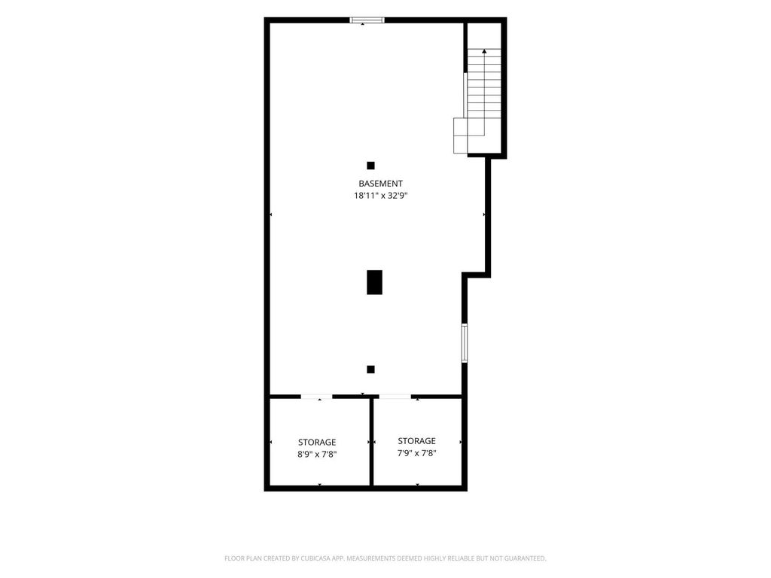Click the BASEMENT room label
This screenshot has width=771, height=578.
[380, 184]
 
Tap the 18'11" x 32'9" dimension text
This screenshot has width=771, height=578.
[381, 196]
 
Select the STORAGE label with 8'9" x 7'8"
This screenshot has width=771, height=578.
[317, 443]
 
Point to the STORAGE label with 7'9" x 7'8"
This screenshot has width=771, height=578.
[416, 441]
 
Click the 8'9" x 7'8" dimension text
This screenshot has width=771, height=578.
[317, 455]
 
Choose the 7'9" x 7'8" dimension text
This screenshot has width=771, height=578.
[416, 453]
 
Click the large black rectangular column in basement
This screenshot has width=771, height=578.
[375, 282]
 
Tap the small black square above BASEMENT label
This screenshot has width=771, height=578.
[370, 166]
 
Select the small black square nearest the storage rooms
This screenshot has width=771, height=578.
[370, 370]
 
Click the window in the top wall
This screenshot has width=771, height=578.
[367, 20]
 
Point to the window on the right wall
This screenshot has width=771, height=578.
[464, 343]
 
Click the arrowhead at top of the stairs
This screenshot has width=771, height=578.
[484, 51]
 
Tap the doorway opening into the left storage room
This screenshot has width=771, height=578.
[317, 396]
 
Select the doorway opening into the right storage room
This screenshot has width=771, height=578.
[395, 396]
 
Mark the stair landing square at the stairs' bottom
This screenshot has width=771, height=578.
[460, 135]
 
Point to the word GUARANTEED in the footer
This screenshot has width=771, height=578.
[526, 558]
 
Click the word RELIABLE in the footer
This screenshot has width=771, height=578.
[461, 558]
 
